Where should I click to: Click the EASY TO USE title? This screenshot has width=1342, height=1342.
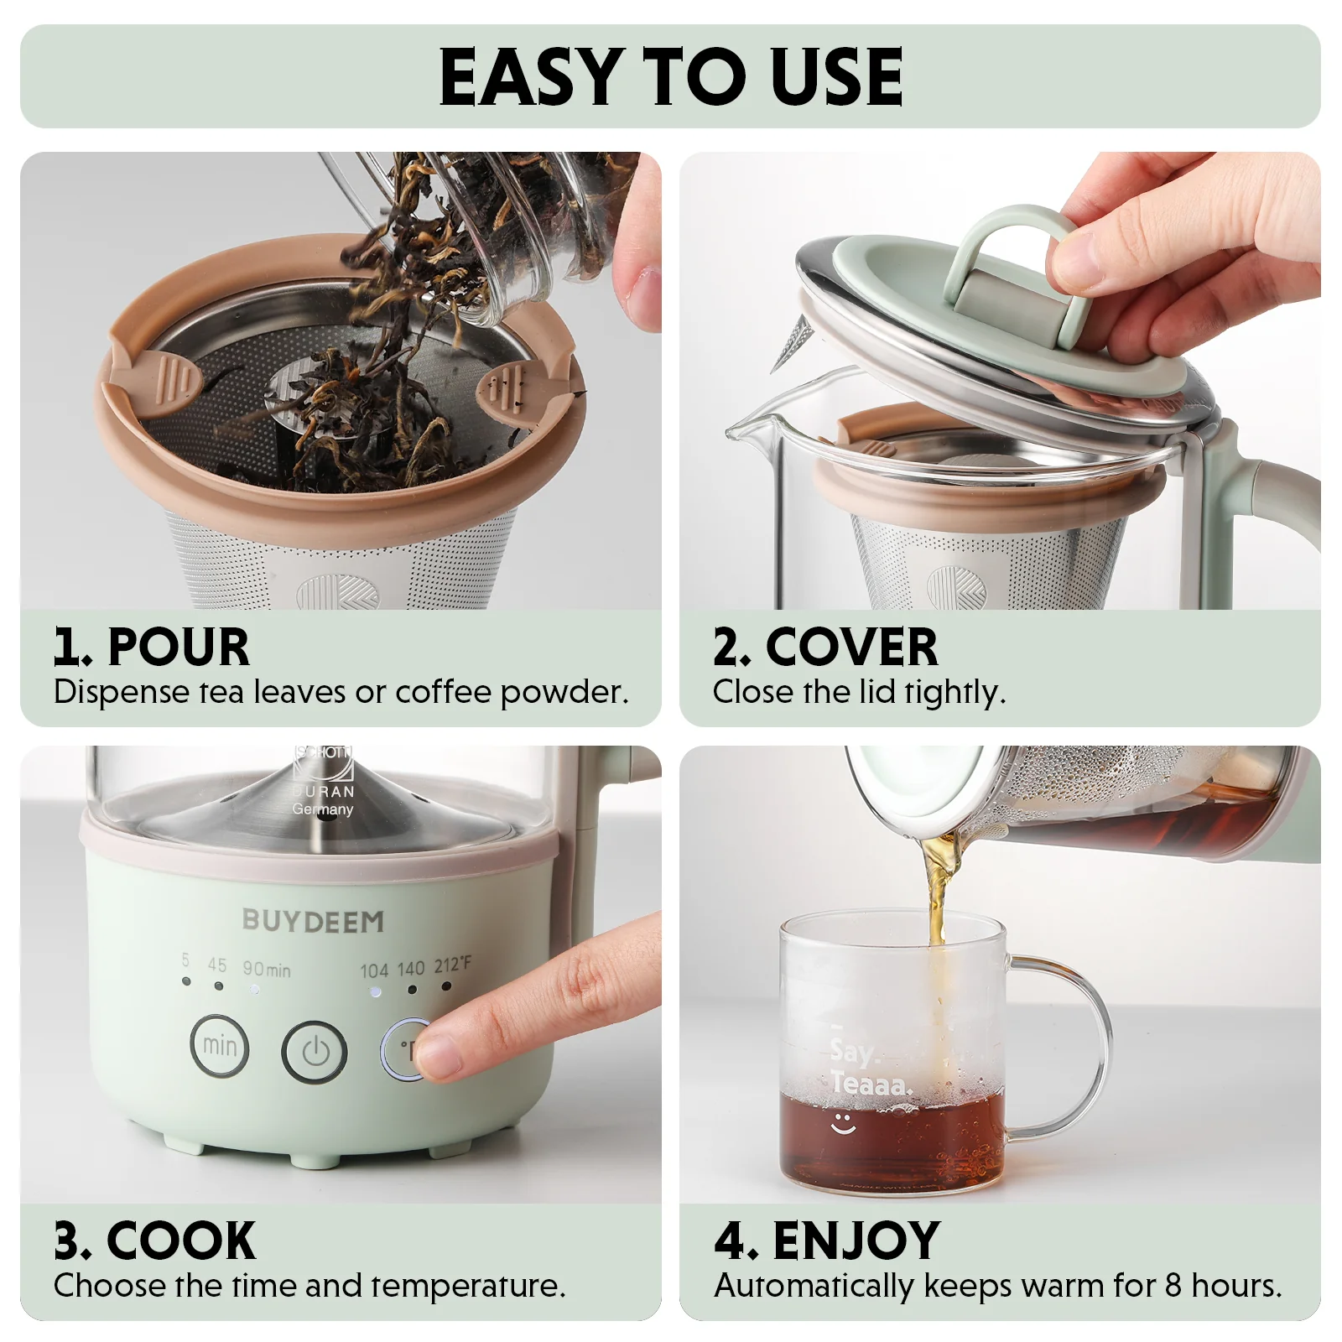pos(670,77)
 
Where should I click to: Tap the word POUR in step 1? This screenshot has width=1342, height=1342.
pos(179,648)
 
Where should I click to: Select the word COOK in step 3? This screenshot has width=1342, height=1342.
pos(180,1241)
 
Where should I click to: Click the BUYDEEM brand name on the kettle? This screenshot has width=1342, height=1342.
pos(313,921)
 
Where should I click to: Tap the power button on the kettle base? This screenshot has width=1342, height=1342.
pos(315,1052)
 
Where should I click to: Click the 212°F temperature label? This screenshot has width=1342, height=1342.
pos(452,966)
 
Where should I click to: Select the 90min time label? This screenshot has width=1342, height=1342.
pos(267,969)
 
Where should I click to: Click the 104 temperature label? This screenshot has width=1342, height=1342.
pos(374,970)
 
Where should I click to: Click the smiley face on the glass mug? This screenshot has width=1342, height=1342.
pos(843,1124)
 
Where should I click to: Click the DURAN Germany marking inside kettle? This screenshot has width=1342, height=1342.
pos(323,800)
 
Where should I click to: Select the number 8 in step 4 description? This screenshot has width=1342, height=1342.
pos(1173,1286)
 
